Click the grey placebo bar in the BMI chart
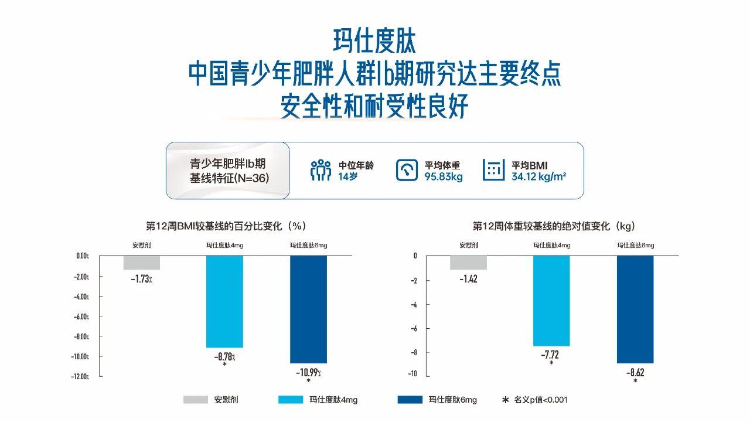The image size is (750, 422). coord(141,263)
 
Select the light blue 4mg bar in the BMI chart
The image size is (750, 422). coord(224,301)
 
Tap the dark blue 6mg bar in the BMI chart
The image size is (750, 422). coord(309,309)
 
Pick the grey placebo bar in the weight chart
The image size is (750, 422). coord(468,263)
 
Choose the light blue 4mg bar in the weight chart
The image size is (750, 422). coord(551,301)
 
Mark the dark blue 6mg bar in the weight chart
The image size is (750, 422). coord(635,309)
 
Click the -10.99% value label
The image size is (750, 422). coord(309,372)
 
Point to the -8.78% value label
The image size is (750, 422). coord(224,356)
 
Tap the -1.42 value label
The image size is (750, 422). coord(468,279)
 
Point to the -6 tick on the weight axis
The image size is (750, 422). coord(414,328)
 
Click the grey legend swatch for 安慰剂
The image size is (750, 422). coord(195,400)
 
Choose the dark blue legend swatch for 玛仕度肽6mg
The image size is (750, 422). coord(410,400)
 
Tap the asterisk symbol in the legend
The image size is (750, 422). coord(505,400)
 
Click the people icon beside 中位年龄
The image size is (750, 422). coord(321,170)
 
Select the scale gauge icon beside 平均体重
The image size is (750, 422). coord(407,170)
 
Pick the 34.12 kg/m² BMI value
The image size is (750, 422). coord(538,176)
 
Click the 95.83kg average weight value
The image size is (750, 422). coord(444,176)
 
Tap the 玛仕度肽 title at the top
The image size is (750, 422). coord(374,42)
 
